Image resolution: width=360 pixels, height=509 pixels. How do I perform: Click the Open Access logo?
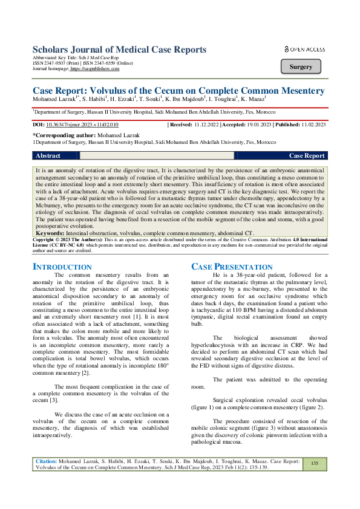[x=304, y=49]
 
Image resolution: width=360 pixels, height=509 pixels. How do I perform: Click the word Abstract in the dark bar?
[x=48, y=155]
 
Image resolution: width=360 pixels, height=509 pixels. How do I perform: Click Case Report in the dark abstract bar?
[x=307, y=155]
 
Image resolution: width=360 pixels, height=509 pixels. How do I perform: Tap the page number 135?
[x=315, y=462]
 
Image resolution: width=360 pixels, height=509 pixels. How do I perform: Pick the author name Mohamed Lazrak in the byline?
[x=55, y=99]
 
